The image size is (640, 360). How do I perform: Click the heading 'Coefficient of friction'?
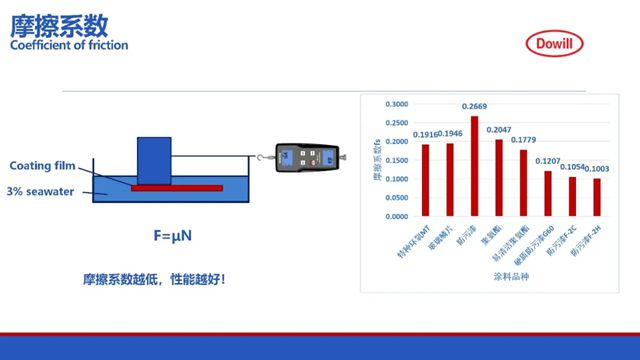pos(68,45)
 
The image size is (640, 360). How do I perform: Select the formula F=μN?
pos(173,236)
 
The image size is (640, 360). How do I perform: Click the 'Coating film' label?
pos(43,166)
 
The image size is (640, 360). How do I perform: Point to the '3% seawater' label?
pos(40,191)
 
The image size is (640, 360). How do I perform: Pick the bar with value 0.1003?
pos(597,196)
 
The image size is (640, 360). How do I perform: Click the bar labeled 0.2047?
pos(498,177)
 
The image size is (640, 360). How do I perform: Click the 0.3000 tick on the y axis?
pos(397,104)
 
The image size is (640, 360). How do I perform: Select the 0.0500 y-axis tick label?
pos(397,197)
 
